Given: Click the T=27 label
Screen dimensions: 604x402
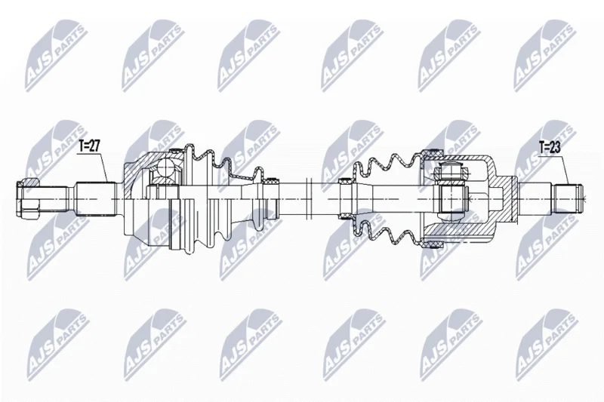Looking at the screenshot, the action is click(89, 146).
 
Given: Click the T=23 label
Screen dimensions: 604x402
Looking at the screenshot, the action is click(550, 147).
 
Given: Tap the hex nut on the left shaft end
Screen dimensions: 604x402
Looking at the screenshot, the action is click(28, 199).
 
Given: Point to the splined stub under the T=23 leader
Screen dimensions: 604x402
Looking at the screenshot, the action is click(569, 199).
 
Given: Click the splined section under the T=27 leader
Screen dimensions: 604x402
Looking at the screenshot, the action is click(96, 199).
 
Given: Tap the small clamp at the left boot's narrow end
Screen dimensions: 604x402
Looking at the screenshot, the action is click(273, 181).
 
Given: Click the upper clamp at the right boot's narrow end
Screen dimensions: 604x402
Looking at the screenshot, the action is click(345, 181).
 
